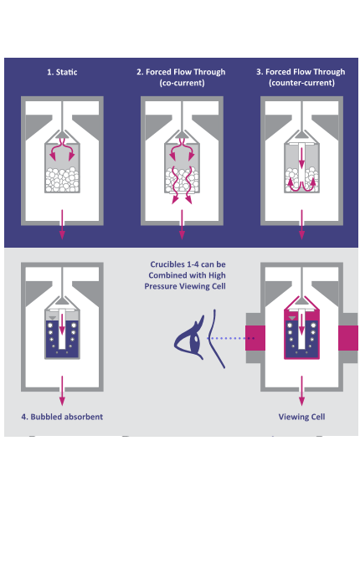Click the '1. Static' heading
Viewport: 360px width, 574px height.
coord(62,72)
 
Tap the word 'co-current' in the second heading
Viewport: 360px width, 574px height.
coord(182,83)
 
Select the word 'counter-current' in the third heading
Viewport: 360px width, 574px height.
coord(301,83)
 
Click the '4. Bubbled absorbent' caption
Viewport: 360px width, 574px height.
coord(62,417)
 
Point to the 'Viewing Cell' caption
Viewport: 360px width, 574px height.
coord(301,417)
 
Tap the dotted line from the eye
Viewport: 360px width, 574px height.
coord(231,338)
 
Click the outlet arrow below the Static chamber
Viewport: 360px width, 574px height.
coord(62,224)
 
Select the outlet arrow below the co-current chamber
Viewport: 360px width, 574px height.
coord(182,224)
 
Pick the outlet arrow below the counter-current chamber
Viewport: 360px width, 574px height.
coord(301,224)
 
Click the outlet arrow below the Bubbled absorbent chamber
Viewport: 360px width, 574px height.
coord(62,391)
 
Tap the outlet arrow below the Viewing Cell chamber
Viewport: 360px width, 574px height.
coord(301,391)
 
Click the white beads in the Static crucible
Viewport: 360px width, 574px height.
coord(62,180)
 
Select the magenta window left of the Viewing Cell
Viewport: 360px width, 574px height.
coord(255,338)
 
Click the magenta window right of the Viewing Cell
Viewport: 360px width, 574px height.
coord(348,338)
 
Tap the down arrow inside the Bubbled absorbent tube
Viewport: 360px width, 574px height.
coord(62,325)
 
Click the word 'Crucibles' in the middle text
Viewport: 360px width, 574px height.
coord(166,264)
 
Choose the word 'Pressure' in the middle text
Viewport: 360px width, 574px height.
coord(161,286)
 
